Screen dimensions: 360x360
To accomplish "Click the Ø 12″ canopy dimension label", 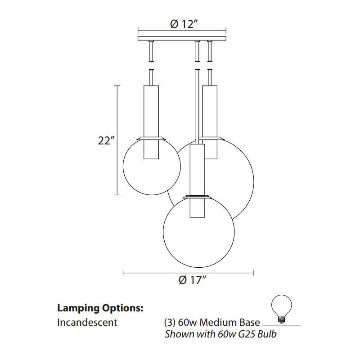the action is (x=184, y=24).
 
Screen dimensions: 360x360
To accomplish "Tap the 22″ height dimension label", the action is (x=106, y=140).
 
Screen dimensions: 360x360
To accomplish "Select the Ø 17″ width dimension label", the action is (x=193, y=280).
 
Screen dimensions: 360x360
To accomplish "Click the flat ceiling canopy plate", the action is (x=182, y=38).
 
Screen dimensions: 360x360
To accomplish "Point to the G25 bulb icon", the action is (x=281, y=309).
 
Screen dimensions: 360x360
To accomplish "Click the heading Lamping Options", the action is (x=100, y=308).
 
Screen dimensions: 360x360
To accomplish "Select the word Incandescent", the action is (x=87, y=322).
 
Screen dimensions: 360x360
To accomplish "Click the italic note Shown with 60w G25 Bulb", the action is (x=220, y=334).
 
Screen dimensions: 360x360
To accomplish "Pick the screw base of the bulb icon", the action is (x=281, y=319).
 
